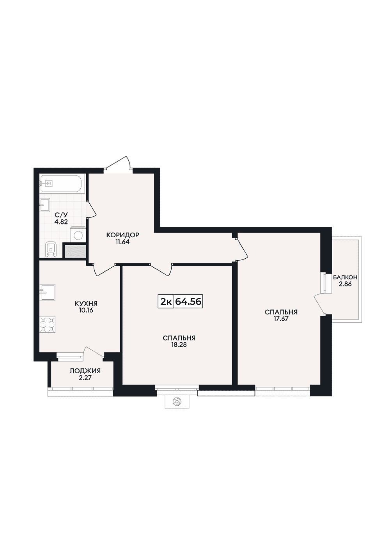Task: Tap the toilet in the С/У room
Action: pos(51,250)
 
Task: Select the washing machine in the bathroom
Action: pos(78,235)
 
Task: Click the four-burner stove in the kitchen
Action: pos(48,324)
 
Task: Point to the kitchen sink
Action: pos(48,292)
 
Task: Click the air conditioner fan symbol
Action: pos(177,402)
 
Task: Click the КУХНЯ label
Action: pos(86,304)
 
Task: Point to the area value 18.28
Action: pos(179,345)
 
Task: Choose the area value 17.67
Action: pos(281,319)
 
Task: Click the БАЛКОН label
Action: pos(345,277)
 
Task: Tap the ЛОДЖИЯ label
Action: pos(85,371)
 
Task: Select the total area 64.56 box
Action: pos(188,302)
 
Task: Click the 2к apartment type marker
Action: pos(166,302)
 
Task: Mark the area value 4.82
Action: pos(61,221)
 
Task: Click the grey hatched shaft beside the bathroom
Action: pos(76,251)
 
